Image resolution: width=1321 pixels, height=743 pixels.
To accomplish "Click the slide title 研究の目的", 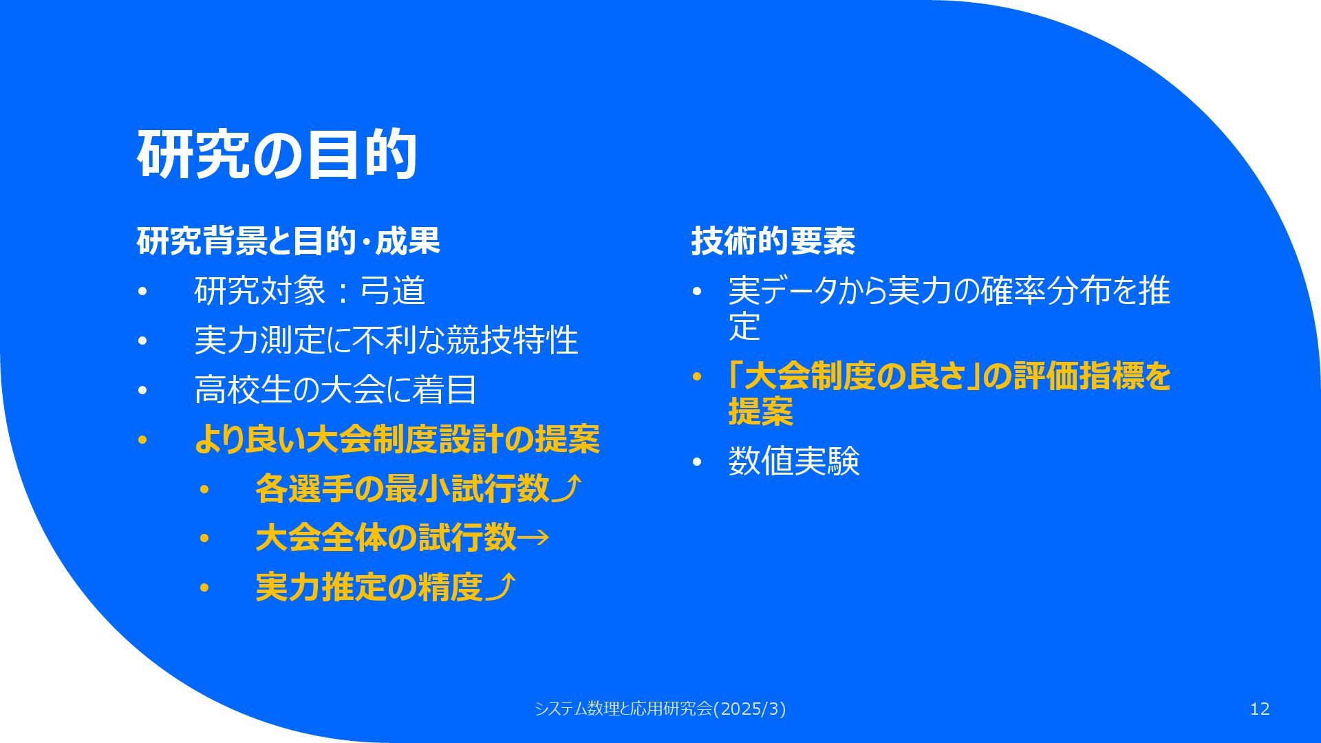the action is [277, 154].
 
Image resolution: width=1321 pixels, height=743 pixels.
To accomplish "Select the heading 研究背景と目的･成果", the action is [288, 241].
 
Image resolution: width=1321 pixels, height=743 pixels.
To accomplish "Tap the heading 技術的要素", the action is [773, 241].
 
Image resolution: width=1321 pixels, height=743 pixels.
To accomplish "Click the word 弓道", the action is [393, 290].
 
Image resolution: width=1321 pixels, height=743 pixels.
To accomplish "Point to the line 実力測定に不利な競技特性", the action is [386, 340].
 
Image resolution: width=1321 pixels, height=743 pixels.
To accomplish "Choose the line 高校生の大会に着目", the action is [336, 389].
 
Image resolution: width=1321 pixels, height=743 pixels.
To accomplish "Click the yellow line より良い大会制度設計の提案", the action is [397, 439].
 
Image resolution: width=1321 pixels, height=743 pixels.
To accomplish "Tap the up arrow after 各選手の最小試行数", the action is [568, 488].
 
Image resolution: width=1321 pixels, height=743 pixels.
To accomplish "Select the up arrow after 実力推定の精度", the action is [501, 587].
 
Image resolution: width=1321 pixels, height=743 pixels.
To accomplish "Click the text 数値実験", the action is [794, 461].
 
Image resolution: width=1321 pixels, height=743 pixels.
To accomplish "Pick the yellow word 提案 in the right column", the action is [761, 411].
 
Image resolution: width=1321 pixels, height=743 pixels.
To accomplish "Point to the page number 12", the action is [1260, 709].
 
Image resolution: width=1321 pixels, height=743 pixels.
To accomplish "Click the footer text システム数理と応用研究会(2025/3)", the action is [660, 709].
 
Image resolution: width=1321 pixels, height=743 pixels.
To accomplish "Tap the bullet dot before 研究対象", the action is [142, 292].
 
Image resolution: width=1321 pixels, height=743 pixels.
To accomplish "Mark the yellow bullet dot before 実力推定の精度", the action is [204, 588].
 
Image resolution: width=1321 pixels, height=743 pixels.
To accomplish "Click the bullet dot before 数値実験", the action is [696, 462].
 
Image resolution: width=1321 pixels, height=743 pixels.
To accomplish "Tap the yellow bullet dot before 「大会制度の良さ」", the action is [696, 377].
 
